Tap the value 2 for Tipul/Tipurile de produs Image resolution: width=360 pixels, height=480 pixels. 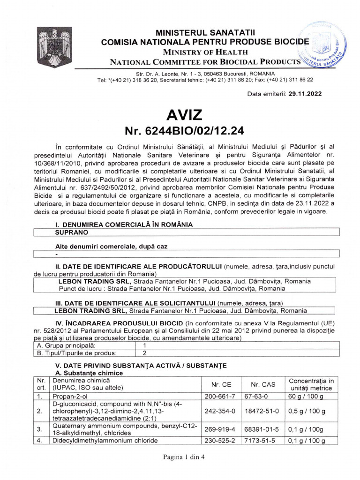pyautogui.click(x=145, y=352)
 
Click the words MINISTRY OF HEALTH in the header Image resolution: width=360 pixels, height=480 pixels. pyautogui.click(x=202, y=51)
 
